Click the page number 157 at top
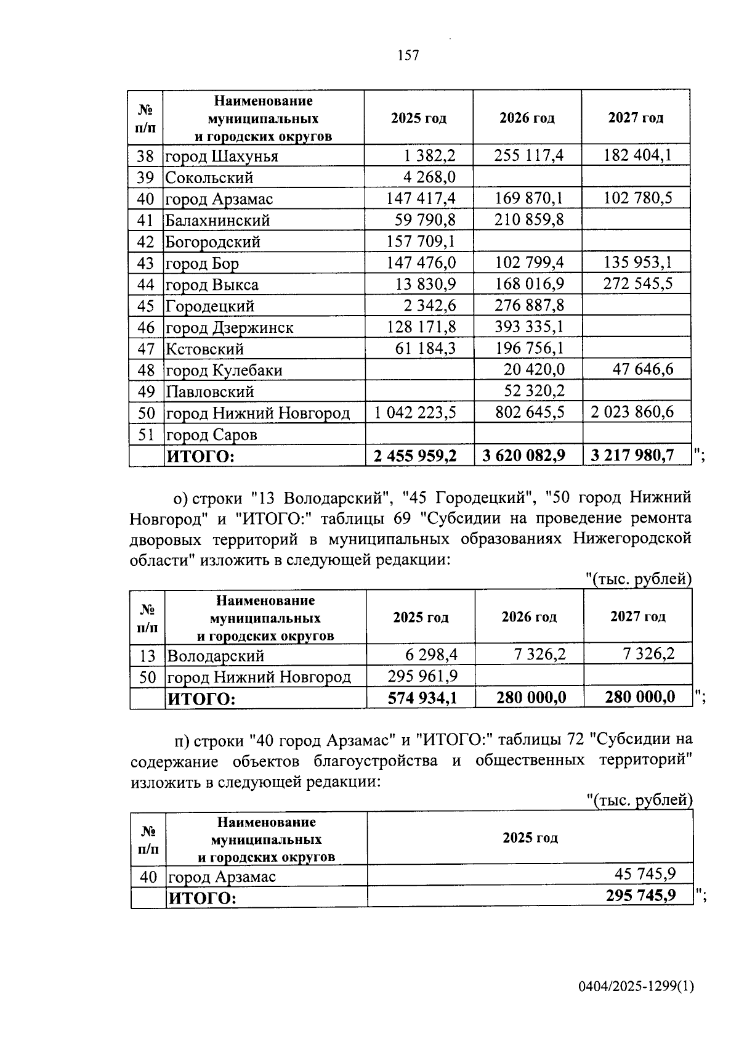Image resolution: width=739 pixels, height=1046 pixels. (408, 55)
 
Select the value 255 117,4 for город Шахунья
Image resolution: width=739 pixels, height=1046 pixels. (529, 155)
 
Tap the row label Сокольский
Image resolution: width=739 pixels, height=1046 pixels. (209, 178)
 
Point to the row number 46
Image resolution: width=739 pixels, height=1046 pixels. (146, 327)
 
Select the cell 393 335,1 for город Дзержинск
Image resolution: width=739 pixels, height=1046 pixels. (529, 326)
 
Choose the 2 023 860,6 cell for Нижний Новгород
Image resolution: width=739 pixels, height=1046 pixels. (632, 412)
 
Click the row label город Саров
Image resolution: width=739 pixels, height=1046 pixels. (211, 435)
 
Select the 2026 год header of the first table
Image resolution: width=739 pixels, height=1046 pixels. (527, 118)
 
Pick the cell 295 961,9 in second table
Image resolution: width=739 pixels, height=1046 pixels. (422, 676)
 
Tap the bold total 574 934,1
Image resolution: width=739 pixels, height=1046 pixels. (422, 698)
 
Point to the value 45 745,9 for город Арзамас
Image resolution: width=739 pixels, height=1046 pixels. (645, 874)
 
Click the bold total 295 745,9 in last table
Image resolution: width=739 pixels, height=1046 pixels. (640, 896)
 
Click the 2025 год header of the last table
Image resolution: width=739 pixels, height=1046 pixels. (530, 838)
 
